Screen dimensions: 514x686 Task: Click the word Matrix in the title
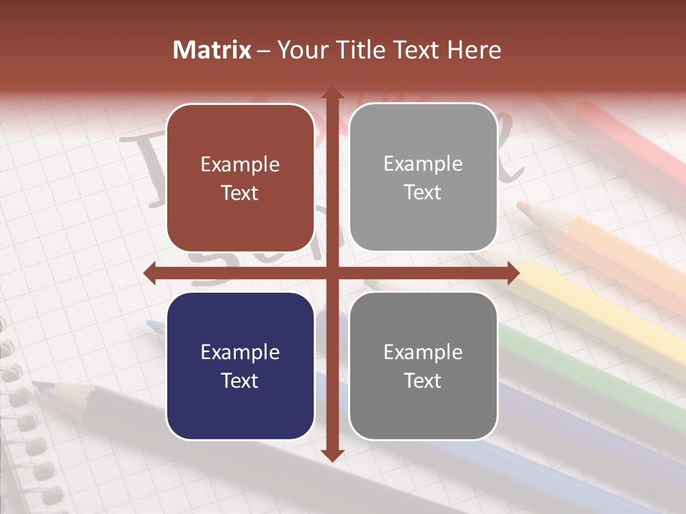point(212,50)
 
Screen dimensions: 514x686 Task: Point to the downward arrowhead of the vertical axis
point(332,455)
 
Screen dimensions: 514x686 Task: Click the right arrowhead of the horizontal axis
point(512,273)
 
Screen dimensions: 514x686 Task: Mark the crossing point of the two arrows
point(332,273)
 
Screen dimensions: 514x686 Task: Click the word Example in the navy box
point(240,353)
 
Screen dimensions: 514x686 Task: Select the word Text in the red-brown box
point(240,193)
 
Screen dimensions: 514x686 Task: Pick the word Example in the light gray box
point(423,164)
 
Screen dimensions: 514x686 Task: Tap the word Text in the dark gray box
point(423,381)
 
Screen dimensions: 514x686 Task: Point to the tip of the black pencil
point(37,385)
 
